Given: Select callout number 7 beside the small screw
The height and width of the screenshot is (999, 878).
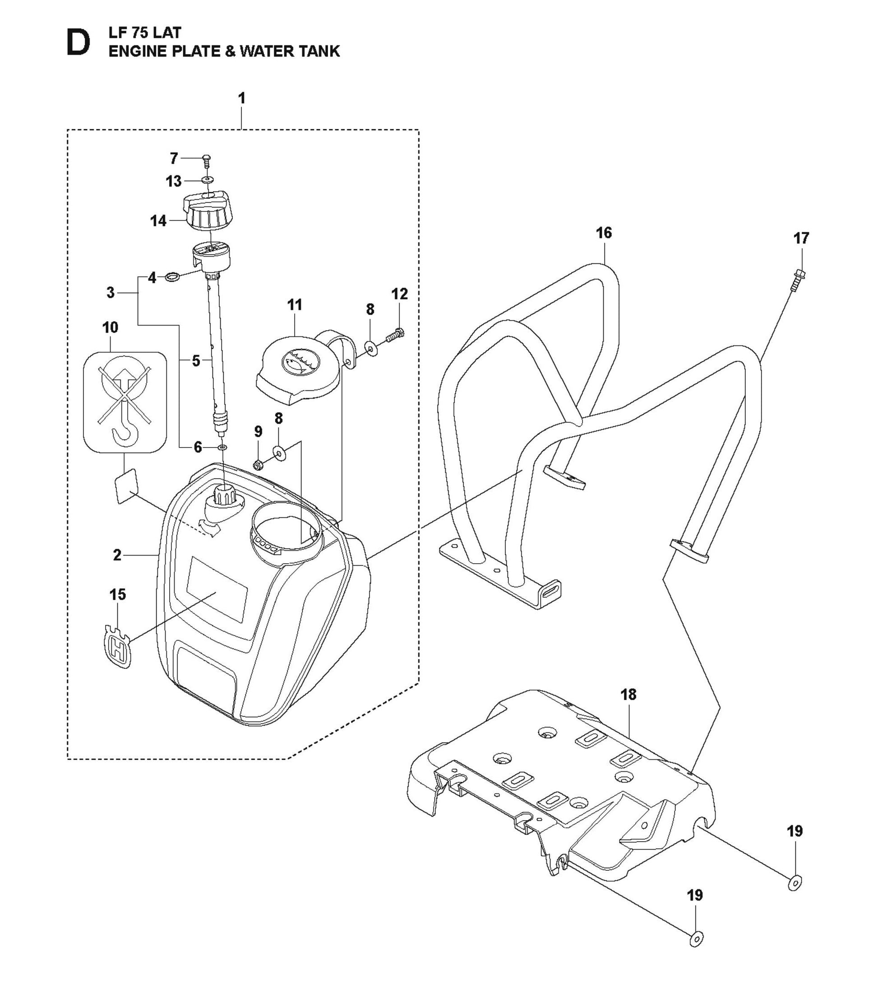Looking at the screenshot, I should tap(174, 159).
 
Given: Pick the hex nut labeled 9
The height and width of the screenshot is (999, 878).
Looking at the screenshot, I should tap(259, 463).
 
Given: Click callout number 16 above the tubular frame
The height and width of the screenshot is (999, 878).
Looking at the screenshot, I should tap(604, 233).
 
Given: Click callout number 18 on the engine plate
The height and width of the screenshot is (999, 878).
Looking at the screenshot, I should tap(628, 695).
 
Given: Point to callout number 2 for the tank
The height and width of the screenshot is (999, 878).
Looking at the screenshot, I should tap(117, 555).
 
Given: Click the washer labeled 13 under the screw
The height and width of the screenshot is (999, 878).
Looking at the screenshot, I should tap(207, 180).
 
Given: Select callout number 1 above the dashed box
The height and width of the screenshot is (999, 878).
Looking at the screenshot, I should tap(241, 98).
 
